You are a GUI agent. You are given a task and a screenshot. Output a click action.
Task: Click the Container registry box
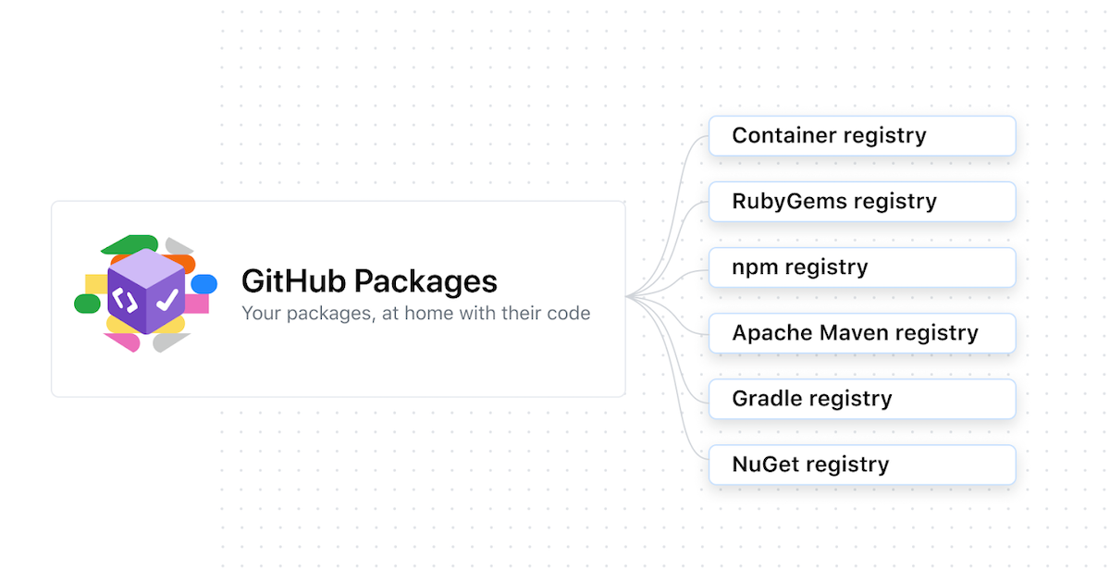tap(862, 136)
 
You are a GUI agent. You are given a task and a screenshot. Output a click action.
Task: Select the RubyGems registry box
tap(862, 202)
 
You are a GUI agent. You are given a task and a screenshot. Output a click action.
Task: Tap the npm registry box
tap(862, 267)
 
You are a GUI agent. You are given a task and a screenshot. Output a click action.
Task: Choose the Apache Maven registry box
tap(862, 333)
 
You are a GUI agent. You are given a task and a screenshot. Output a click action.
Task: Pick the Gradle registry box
tap(862, 399)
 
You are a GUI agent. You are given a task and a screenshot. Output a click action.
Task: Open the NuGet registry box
tap(862, 465)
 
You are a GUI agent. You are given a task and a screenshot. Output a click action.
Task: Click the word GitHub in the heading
tap(293, 281)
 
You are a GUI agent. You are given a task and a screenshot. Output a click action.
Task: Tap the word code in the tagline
tap(569, 314)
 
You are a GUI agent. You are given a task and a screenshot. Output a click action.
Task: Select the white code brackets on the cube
tap(124, 299)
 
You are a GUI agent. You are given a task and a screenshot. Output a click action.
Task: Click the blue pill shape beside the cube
tap(203, 283)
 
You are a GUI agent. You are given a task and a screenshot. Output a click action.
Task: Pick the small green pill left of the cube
tap(87, 304)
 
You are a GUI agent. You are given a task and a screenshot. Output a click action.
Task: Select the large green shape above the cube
tap(129, 244)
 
